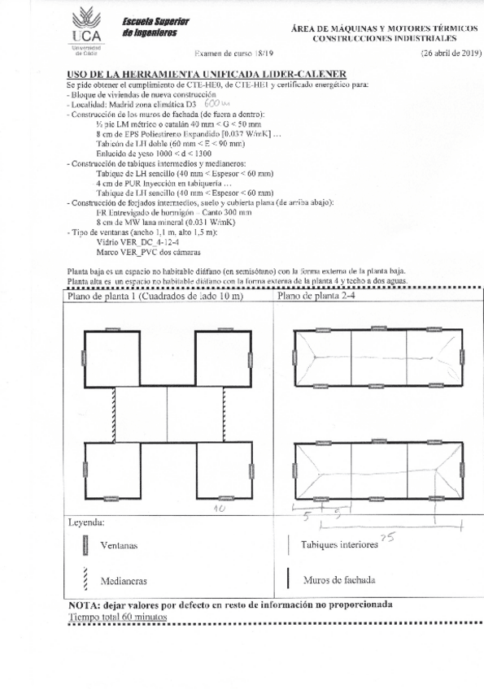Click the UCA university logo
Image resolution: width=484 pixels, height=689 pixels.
click(82, 29)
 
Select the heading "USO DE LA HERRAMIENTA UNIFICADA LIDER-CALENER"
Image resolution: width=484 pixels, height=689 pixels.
click(195, 73)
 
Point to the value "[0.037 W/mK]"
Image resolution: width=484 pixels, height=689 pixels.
click(249, 134)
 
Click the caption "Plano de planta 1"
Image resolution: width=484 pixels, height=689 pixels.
click(104, 297)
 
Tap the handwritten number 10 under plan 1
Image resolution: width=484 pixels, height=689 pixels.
click(218, 508)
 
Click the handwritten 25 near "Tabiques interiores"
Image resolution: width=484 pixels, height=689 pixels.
click(387, 537)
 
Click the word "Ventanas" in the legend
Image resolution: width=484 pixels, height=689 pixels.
click(117, 548)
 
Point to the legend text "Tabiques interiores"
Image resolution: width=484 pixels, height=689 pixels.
click(339, 546)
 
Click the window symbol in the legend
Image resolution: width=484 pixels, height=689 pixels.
click(85, 546)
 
